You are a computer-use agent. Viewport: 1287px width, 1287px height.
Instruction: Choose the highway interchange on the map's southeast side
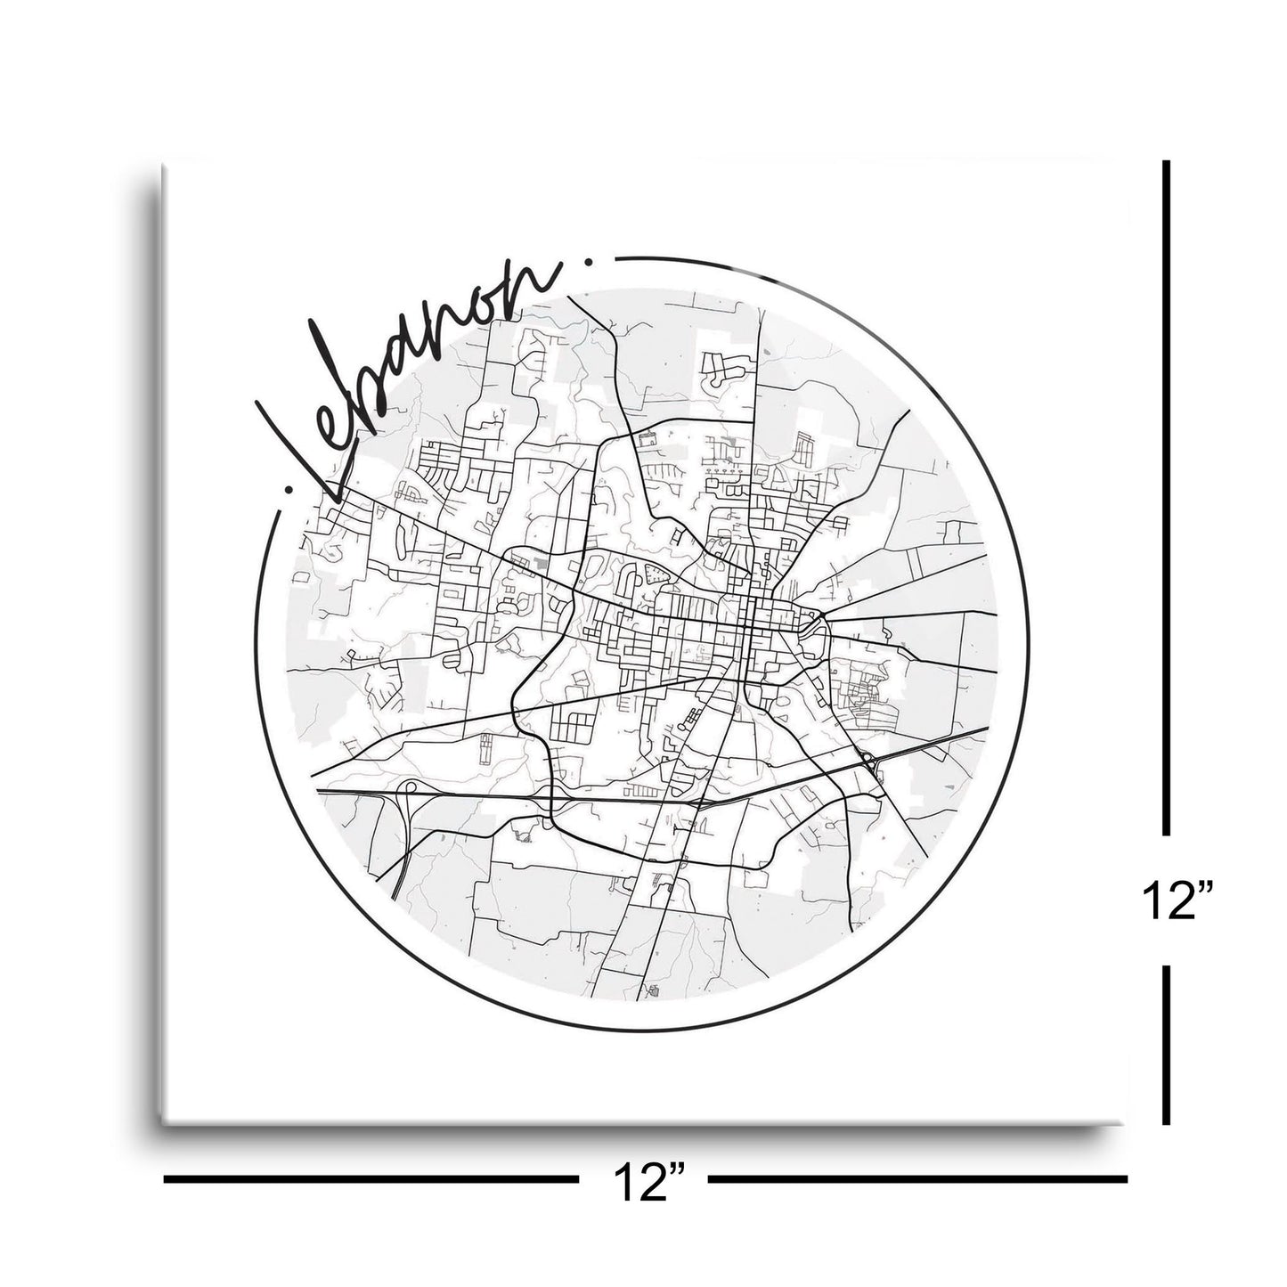click(x=868, y=762)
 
